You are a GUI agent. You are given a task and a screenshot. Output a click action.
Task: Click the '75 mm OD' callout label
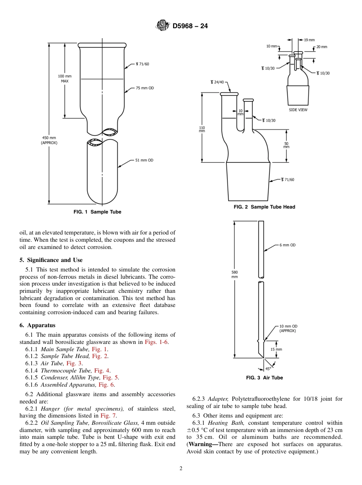(x=145, y=88)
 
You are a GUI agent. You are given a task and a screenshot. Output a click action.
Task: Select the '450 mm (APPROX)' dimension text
(x=49, y=140)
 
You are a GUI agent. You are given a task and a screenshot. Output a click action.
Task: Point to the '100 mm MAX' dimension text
(x=64, y=79)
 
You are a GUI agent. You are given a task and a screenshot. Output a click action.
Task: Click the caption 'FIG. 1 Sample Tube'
(x=97, y=212)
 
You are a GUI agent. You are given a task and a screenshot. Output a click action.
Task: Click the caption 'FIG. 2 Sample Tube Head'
(x=264, y=207)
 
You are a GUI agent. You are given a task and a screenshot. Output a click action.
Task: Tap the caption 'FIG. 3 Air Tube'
(x=264, y=378)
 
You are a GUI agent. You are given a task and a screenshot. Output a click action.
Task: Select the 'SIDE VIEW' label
(x=298, y=110)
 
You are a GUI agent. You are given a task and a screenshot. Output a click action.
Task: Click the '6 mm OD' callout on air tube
(x=287, y=245)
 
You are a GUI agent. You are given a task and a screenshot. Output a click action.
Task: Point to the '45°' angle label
(x=268, y=368)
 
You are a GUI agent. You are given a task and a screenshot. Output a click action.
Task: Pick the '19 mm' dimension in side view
(x=309, y=40)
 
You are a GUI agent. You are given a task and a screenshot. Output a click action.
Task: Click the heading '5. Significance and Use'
(x=51, y=260)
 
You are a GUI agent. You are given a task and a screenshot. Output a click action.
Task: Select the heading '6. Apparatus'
(x=37, y=325)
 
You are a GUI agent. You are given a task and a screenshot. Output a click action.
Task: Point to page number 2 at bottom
(x=181, y=469)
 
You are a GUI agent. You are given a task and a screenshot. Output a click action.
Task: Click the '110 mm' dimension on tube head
(x=202, y=129)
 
